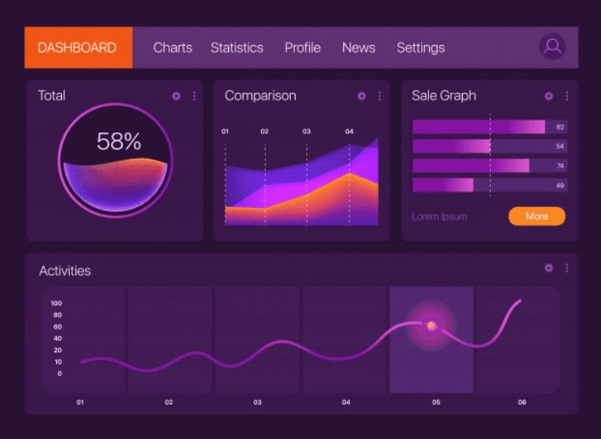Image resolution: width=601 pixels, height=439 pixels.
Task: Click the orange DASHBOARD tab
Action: tap(77, 47)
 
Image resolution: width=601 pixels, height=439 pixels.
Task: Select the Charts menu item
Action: tap(173, 47)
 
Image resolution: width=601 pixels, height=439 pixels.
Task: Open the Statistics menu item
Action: tap(236, 47)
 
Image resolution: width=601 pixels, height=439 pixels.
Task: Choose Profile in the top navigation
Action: tap(302, 47)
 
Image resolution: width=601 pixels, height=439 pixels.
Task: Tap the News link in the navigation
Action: tap(358, 47)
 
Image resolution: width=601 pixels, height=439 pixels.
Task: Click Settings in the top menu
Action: tap(420, 47)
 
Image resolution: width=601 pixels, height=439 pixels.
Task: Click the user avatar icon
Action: tap(552, 47)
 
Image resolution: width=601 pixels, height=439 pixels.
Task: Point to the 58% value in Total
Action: tap(118, 142)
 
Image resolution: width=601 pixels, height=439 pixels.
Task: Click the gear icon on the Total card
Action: tap(176, 96)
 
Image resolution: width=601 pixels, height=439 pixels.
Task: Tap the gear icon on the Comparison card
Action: tap(362, 96)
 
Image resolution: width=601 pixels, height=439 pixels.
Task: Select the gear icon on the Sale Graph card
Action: tap(549, 96)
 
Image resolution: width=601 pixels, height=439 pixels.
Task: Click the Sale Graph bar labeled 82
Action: tap(479, 127)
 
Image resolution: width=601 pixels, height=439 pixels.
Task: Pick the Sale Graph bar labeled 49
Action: tap(443, 185)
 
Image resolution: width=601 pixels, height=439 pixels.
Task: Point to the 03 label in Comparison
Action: tap(306, 132)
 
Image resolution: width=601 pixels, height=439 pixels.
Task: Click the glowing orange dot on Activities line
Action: tap(431, 325)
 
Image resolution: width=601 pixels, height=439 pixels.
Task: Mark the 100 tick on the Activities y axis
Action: tap(56, 303)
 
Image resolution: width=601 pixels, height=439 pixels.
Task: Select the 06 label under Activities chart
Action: tap(521, 402)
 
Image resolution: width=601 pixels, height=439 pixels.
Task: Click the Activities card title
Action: tap(65, 271)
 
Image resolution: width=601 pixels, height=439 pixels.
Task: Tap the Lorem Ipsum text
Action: tap(439, 217)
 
